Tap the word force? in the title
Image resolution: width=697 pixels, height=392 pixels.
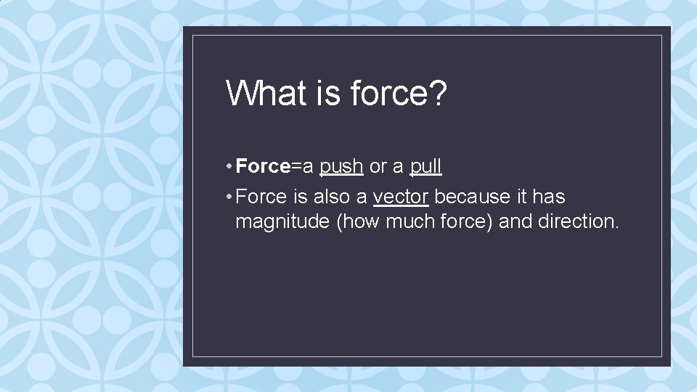(x=399, y=93)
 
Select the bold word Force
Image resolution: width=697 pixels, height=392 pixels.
(x=263, y=167)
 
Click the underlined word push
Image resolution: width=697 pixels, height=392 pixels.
(x=341, y=167)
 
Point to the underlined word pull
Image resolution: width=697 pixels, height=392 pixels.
(x=425, y=167)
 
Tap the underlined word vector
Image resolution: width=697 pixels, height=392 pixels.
(x=401, y=197)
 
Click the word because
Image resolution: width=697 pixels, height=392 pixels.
(x=470, y=197)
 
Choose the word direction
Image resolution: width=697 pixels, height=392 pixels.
(x=579, y=221)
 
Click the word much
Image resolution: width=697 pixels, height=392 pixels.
(x=411, y=221)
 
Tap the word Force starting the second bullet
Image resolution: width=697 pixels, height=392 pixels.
(x=262, y=197)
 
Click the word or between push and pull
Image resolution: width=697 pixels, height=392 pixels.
(x=378, y=167)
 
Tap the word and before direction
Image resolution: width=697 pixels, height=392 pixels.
(x=515, y=221)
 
